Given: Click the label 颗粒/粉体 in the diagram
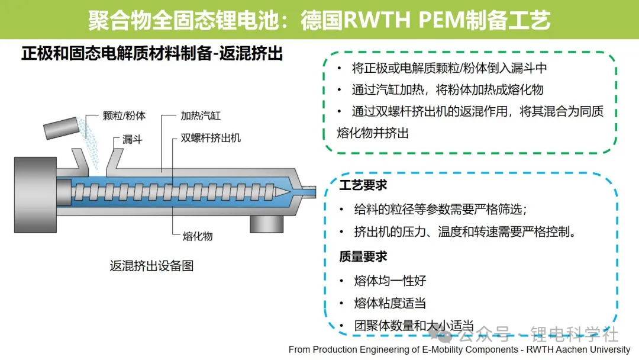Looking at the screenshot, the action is click(124, 116).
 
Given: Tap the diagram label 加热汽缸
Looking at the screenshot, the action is click(201, 116).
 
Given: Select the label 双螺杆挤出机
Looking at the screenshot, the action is click(211, 138).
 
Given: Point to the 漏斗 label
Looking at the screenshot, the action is click(133, 139).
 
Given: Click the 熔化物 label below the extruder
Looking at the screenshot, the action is click(198, 236).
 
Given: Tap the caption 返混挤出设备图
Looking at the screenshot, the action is click(151, 266).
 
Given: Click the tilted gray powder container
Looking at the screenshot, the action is click(61, 128).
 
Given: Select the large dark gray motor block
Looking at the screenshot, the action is click(35, 195).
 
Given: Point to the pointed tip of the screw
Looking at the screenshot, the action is click(290, 192).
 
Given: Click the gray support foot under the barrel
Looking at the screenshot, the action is click(266, 224).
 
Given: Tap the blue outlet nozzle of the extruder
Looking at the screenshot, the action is click(308, 191).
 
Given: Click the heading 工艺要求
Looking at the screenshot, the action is click(363, 185).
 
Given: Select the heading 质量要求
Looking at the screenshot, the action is click(363, 256).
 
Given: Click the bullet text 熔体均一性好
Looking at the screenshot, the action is click(390, 281).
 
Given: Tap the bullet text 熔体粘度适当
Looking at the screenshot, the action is click(390, 303).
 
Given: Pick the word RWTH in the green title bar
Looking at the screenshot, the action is click(376, 20).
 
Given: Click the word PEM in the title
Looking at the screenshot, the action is click(441, 20).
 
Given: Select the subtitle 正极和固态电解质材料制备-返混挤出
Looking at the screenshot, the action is click(152, 53).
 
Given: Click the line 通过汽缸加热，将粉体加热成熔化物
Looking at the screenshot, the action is click(447, 89).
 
